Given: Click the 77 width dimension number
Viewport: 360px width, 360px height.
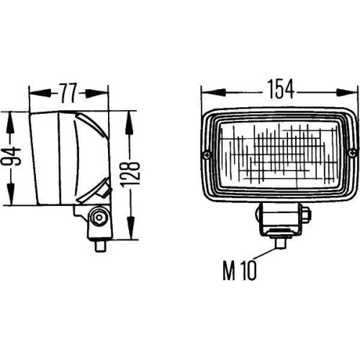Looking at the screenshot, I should pyautogui.click(x=68, y=92).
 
